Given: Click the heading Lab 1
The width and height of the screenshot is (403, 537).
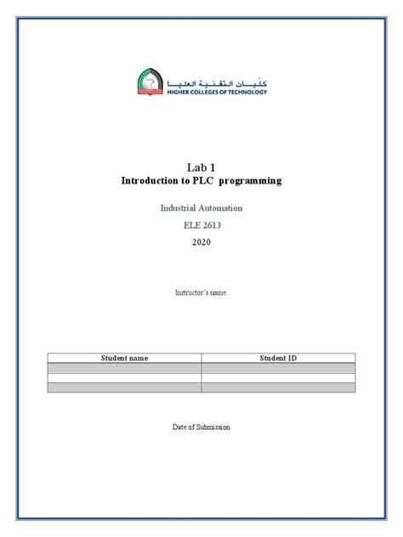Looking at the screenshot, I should click(x=201, y=167).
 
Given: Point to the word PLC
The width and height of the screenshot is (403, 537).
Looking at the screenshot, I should click(x=205, y=181).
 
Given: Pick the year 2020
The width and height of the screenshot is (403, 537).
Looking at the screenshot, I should click(x=201, y=242).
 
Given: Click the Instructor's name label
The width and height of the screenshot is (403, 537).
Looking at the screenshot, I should click(x=201, y=292).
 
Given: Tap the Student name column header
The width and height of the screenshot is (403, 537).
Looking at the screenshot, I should click(x=124, y=358).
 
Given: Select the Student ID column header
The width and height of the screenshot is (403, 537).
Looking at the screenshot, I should click(x=278, y=358).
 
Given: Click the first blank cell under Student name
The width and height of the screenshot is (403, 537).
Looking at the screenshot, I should click(x=124, y=367).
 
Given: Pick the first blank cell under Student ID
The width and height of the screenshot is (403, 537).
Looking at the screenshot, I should click(x=278, y=367).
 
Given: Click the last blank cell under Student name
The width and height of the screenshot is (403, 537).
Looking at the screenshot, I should click(x=124, y=387).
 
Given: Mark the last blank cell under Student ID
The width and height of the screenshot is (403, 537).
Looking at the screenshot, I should click(x=278, y=387).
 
